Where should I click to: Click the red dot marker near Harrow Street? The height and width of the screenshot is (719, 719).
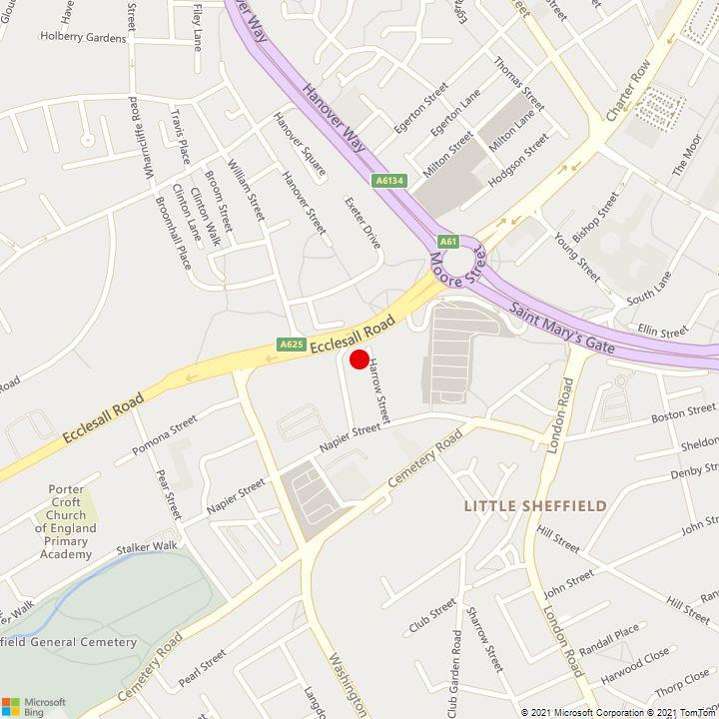(x=359, y=359)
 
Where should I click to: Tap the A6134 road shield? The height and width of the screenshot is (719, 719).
(x=389, y=181)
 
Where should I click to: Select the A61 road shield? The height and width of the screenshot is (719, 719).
(x=447, y=241)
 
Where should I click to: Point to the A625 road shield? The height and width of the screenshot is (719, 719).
(x=291, y=345)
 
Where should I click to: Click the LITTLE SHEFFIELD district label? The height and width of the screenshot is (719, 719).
(x=535, y=506)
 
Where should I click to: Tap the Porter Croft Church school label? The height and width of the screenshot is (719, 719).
(x=66, y=522)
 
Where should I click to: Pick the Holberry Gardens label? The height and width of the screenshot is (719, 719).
(x=84, y=38)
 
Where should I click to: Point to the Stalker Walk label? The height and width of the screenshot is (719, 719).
(x=147, y=547)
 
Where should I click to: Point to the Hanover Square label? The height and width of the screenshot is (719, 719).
(x=300, y=144)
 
